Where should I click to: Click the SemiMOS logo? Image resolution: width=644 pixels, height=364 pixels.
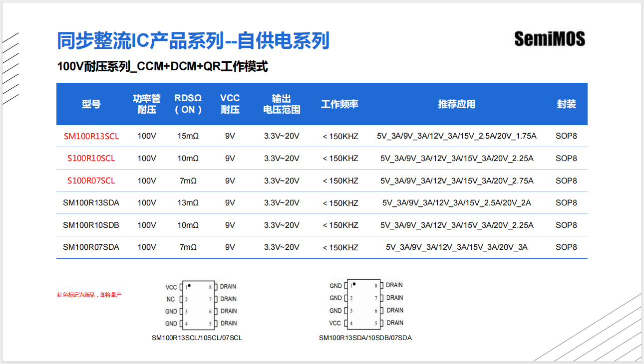coord(549,39)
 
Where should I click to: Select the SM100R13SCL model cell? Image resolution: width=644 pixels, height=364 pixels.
coord(91,136)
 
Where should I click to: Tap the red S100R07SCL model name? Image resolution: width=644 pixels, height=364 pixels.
coord(91,181)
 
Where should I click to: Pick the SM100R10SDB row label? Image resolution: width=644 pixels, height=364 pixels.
coord(91,225)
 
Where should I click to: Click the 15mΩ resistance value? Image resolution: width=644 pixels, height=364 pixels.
coord(188,136)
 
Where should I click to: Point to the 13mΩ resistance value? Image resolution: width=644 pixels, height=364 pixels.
coord(188,203)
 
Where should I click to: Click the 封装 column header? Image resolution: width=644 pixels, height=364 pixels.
coord(566,104)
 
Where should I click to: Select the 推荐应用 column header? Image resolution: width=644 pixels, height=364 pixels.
coord(456,104)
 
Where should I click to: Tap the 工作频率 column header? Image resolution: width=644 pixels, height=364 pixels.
coord(339,104)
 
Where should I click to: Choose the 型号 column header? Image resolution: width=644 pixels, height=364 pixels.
coord(91,104)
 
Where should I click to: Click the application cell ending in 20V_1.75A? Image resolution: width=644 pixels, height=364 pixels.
coord(456,136)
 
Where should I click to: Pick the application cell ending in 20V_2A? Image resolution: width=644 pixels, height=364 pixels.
coord(456,203)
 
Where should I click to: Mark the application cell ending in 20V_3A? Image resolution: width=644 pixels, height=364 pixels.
coord(456,247)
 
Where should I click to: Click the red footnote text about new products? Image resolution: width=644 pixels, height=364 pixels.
coord(89,295)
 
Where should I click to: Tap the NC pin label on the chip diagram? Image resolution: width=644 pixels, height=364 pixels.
coord(171,300)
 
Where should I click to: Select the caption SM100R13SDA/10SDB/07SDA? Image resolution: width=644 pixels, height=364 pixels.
coord(365,338)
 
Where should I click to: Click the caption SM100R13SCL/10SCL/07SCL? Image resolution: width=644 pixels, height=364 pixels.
coord(197,338)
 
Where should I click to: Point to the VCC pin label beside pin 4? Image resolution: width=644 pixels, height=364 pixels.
coord(335,323)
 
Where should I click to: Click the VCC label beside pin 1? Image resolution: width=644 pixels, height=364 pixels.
coord(171,287)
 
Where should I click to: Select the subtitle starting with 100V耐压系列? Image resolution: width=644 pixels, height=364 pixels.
coord(163,66)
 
